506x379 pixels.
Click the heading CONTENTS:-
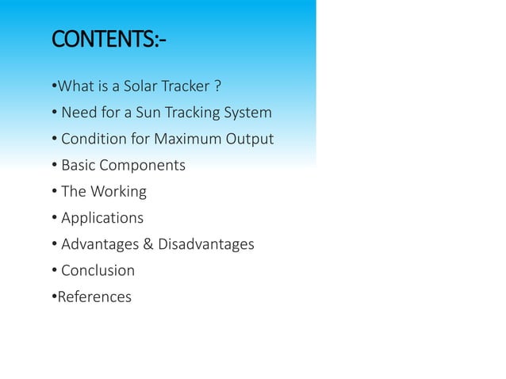(108, 40)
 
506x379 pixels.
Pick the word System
(247, 112)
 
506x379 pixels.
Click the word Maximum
(185, 139)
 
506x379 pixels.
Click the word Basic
(79, 165)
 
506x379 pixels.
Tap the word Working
(118, 192)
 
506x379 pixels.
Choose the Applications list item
(102, 218)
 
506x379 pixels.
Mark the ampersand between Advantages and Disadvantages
(148, 244)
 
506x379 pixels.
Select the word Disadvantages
(206, 244)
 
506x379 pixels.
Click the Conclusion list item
(98, 270)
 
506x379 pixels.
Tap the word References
(94, 297)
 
